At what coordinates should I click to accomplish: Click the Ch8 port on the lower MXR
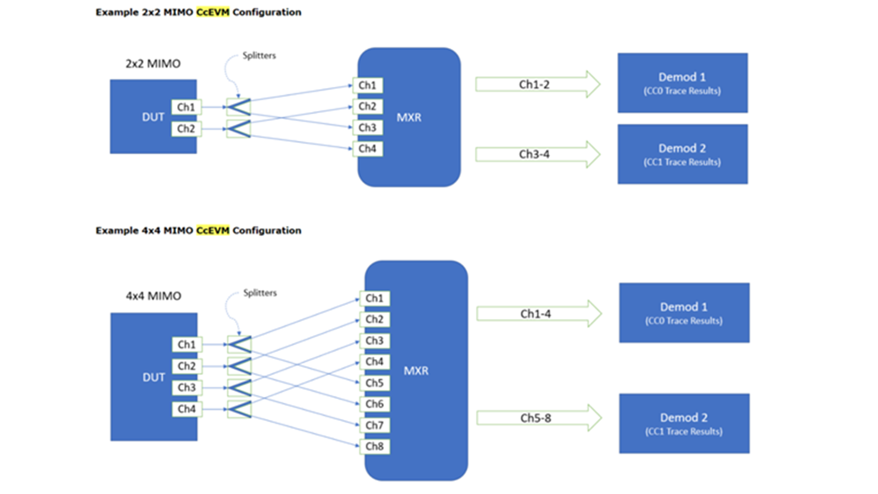pyautogui.click(x=375, y=446)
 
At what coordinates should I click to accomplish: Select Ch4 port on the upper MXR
pyautogui.click(x=368, y=149)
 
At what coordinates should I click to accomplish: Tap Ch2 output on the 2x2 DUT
pyautogui.click(x=186, y=128)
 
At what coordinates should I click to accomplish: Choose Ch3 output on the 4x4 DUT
pyautogui.click(x=187, y=388)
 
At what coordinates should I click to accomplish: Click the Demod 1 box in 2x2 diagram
pyautogui.click(x=682, y=83)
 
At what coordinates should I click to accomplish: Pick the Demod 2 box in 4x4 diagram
pyautogui.click(x=684, y=423)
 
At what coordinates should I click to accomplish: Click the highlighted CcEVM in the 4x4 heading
pyautogui.click(x=213, y=231)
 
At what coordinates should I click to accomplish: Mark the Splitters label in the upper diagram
pyautogui.click(x=259, y=55)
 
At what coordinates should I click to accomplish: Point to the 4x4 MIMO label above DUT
pyautogui.click(x=153, y=296)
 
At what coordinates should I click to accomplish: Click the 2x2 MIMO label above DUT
pyautogui.click(x=153, y=64)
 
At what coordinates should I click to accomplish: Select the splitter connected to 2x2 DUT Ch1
pyautogui.click(x=239, y=107)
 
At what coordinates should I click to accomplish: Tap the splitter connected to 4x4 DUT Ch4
pyautogui.click(x=239, y=409)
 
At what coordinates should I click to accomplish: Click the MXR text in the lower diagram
pyautogui.click(x=416, y=371)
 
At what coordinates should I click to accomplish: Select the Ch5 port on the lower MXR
pyautogui.click(x=375, y=383)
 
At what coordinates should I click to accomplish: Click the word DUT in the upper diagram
pyautogui.click(x=153, y=117)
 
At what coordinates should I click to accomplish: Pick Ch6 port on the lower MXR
pyautogui.click(x=375, y=404)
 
